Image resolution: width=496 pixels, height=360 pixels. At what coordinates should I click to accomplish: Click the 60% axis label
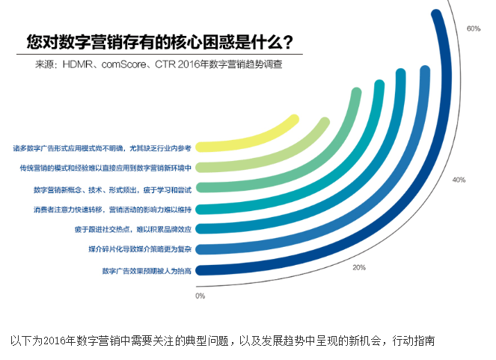(473, 28)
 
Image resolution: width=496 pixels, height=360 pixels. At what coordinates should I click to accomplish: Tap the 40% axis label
(459, 180)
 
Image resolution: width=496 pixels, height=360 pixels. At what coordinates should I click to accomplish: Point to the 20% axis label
(359, 267)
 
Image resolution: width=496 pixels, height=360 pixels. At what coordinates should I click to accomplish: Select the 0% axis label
(200, 296)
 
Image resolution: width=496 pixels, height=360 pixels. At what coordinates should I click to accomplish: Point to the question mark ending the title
(287, 40)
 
